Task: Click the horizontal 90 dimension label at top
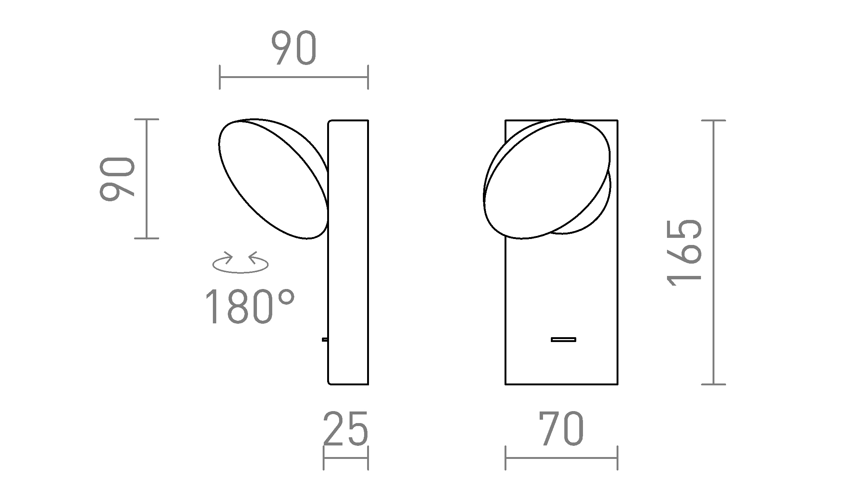tap(294, 48)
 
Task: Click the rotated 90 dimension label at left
tap(117, 179)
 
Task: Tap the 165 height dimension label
tap(685, 252)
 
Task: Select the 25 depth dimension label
tap(345, 429)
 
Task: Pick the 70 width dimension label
tap(561, 429)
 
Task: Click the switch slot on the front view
tap(563, 339)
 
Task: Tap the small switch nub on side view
tap(325, 339)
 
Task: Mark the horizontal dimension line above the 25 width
tap(346, 458)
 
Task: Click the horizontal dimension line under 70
tap(561, 458)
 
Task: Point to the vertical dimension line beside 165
tap(713, 252)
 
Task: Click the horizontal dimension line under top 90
tap(294, 77)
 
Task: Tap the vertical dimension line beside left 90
tap(146, 179)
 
